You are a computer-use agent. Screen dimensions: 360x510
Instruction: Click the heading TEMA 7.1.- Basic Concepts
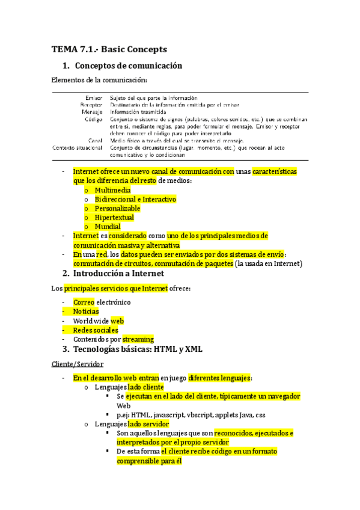tap(109, 49)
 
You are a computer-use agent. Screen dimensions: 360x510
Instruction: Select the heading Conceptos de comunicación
tap(127, 65)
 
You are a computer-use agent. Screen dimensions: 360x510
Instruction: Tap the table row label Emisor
tap(93, 97)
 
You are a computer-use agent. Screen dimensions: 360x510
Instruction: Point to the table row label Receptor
tap(91, 105)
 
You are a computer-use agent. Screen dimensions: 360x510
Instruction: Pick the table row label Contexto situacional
tap(78, 147)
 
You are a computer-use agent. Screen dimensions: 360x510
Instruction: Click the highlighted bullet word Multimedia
tap(113, 190)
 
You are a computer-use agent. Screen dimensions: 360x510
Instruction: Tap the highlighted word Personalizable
tap(118, 208)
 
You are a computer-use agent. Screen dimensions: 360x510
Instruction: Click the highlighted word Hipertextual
tap(114, 217)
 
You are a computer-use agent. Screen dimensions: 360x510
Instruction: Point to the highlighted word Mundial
tap(108, 227)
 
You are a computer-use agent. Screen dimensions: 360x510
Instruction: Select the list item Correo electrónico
tap(102, 302)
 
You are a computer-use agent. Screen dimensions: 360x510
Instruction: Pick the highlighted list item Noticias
tap(86, 312)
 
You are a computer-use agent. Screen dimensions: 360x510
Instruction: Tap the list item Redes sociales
tap(96, 330)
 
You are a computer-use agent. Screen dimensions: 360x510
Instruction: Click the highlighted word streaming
tap(138, 339)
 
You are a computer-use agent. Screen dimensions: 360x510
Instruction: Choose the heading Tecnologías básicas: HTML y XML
tap(138, 349)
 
